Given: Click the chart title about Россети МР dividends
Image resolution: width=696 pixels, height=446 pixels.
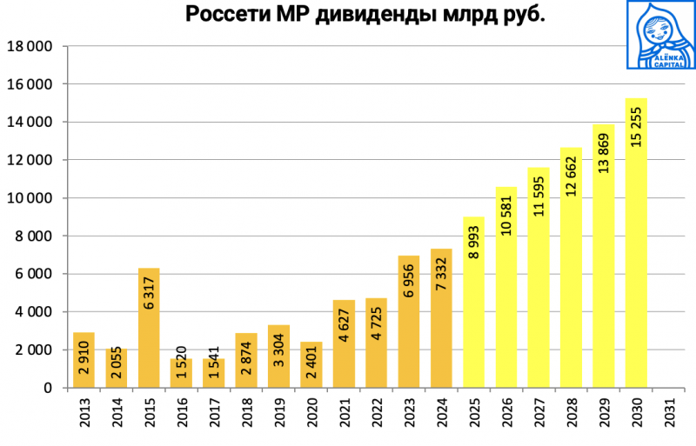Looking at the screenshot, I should pos(365,16).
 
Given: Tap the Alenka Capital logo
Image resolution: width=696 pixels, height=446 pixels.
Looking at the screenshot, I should pos(660,35).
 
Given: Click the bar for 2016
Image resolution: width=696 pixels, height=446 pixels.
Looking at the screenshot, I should pos(181,373).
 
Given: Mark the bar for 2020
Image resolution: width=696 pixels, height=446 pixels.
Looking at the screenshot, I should pos(311,365).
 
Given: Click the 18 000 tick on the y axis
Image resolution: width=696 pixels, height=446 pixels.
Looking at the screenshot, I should pos(30,46).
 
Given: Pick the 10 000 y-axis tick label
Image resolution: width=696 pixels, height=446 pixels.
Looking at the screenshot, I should pos(30,198).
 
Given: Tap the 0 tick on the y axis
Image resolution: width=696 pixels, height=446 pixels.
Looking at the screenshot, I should pos(50,388).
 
